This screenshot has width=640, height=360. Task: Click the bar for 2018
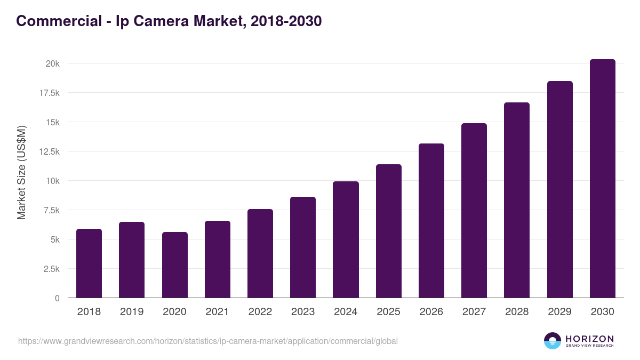coord(89,263)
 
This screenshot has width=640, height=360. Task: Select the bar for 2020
coord(174,265)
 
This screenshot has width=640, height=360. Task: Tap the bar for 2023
coord(303,247)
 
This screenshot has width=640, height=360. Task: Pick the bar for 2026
coord(431,221)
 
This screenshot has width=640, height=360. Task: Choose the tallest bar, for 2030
coord(602,179)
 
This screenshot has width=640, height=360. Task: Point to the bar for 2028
coord(517,200)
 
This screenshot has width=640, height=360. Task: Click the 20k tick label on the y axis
coord(52,63)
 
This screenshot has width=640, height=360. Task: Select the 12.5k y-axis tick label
coord(49,151)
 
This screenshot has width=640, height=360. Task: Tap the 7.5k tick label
coord(51,210)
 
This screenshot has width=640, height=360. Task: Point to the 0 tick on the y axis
coord(57,298)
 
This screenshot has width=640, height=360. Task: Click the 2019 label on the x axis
coord(132,312)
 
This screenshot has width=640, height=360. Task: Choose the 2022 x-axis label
coord(260,312)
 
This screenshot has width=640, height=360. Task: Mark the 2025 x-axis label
coord(388,312)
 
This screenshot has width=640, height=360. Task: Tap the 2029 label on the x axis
coord(559,312)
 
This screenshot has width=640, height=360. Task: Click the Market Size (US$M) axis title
coord(21,172)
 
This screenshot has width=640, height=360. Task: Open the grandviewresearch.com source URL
coord(208,341)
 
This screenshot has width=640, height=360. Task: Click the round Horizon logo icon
coord(553,341)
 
